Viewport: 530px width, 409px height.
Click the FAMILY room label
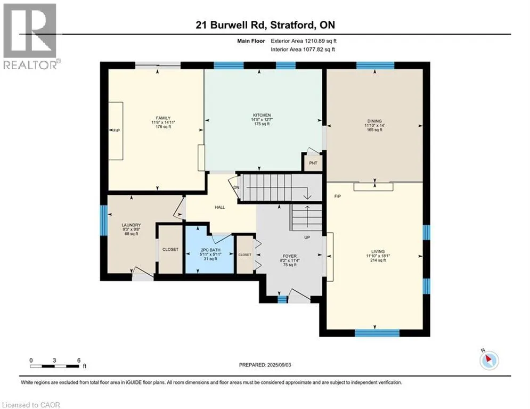[x=163, y=118]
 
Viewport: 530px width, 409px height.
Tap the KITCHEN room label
[x=262, y=115]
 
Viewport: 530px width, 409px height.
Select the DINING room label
[x=374, y=121]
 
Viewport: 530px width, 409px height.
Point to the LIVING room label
[x=378, y=251]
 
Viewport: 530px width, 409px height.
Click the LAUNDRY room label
[x=131, y=225]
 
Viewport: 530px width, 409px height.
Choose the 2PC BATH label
[x=210, y=250]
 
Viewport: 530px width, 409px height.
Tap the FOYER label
[x=290, y=256]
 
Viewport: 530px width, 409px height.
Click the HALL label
[x=219, y=207]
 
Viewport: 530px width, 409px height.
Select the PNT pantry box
[x=313, y=163]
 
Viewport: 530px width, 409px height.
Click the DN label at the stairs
[x=237, y=187]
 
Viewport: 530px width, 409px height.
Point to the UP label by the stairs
[x=307, y=238]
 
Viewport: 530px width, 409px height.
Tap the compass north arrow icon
[x=489, y=359]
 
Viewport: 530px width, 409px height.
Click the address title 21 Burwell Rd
[x=232, y=25]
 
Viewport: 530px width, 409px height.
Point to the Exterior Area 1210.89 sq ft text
[x=304, y=41]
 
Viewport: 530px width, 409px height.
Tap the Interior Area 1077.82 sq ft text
[x=303, y=50]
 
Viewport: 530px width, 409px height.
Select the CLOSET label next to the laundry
[x=170, y=249]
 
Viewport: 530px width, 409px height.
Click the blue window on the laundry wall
[x=103, y=220]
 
